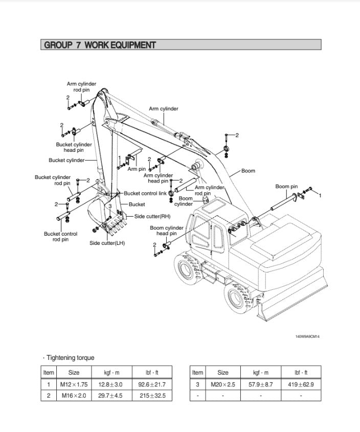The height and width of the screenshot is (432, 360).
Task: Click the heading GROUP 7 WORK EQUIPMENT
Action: tap(100, 45)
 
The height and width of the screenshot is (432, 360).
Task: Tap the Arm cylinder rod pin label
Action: tap(81, 86)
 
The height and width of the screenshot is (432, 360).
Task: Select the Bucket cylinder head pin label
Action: tap(74, 147)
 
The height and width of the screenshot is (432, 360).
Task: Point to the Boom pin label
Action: tap(286, 187)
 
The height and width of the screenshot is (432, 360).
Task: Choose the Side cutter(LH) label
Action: tap(107, 243)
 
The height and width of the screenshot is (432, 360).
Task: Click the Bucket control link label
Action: tap(145, 193)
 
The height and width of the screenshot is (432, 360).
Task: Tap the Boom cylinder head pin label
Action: tap(166, 231)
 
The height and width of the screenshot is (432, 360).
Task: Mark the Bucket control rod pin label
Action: tap(61, 237)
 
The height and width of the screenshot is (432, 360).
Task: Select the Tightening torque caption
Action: tap(69, 358)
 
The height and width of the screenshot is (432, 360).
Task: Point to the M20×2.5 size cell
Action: tap(223, 384)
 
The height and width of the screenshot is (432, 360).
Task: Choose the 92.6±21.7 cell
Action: tap(152, 384)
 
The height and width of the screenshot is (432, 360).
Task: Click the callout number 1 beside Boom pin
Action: tap(320, 196)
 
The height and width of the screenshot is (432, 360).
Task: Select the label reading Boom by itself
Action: tap(248, 171)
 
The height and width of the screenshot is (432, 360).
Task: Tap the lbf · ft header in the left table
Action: tap(152, 373)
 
